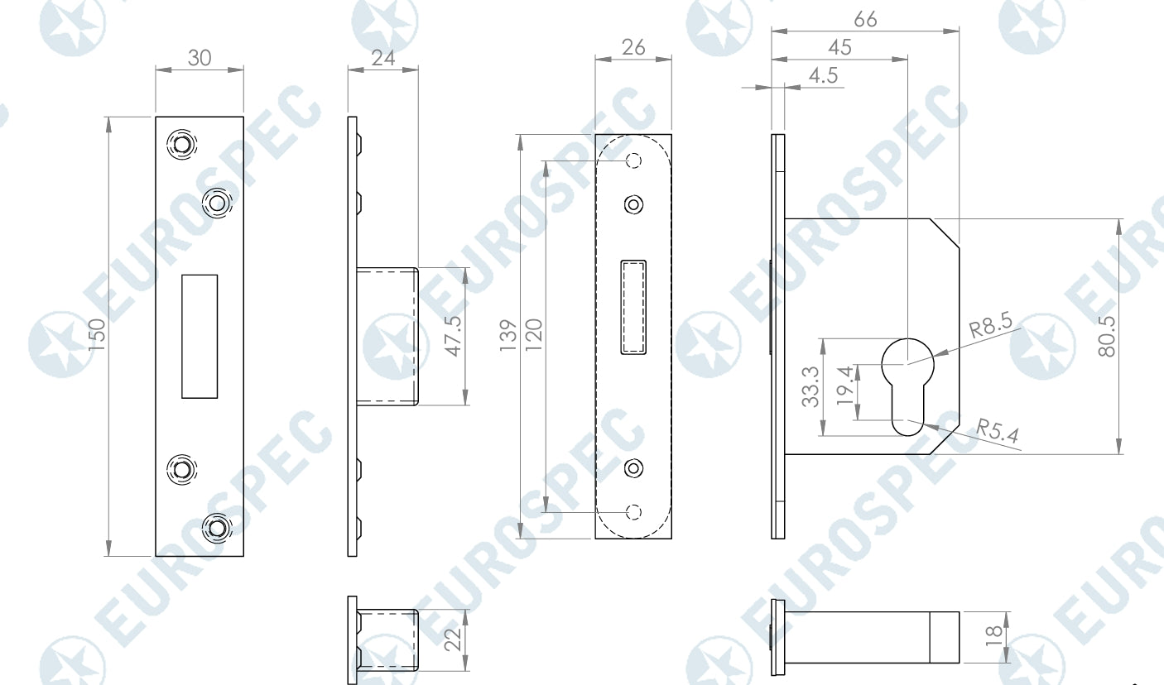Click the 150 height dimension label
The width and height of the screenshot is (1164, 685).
point(97,334)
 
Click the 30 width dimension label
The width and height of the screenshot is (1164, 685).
point(200,58)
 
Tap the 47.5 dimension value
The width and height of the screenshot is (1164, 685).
point(454,336)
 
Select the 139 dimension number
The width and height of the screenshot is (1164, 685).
point(508,336)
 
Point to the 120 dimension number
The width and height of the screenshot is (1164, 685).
point(534,335)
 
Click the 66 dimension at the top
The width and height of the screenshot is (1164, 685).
point(865,20)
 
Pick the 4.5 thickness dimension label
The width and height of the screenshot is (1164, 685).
point(824,76)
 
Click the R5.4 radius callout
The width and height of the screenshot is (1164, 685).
point(998,430)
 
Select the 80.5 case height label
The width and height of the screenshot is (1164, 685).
point(1107,337)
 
